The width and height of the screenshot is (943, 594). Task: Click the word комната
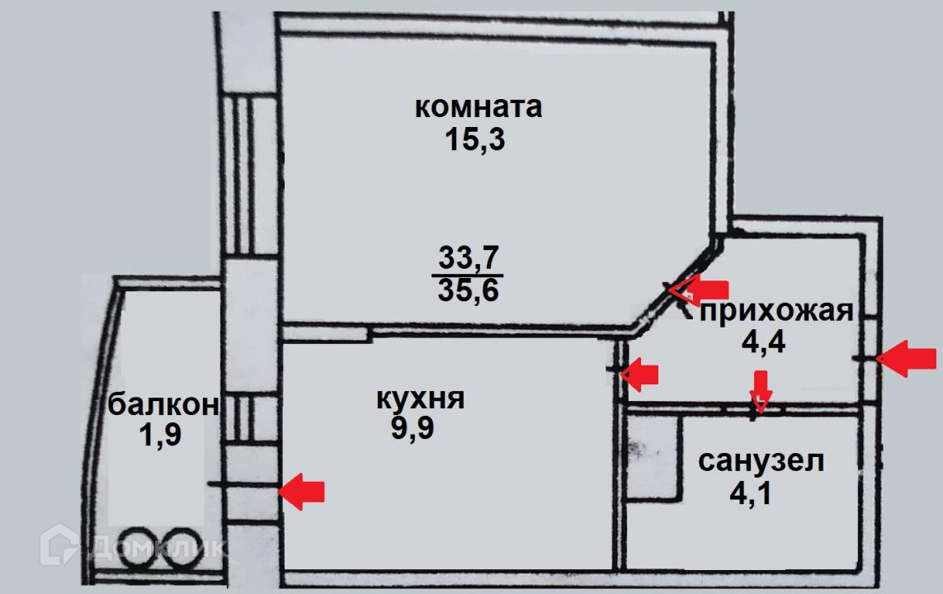478,107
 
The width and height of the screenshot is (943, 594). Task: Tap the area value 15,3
474,140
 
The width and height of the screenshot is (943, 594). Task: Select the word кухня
420,399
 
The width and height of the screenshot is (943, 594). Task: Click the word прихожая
776,311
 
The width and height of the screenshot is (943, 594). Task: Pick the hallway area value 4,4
763,341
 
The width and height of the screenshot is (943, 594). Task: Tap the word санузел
761,461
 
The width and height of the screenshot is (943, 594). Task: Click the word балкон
163,405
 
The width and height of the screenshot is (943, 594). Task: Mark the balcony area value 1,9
160,435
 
